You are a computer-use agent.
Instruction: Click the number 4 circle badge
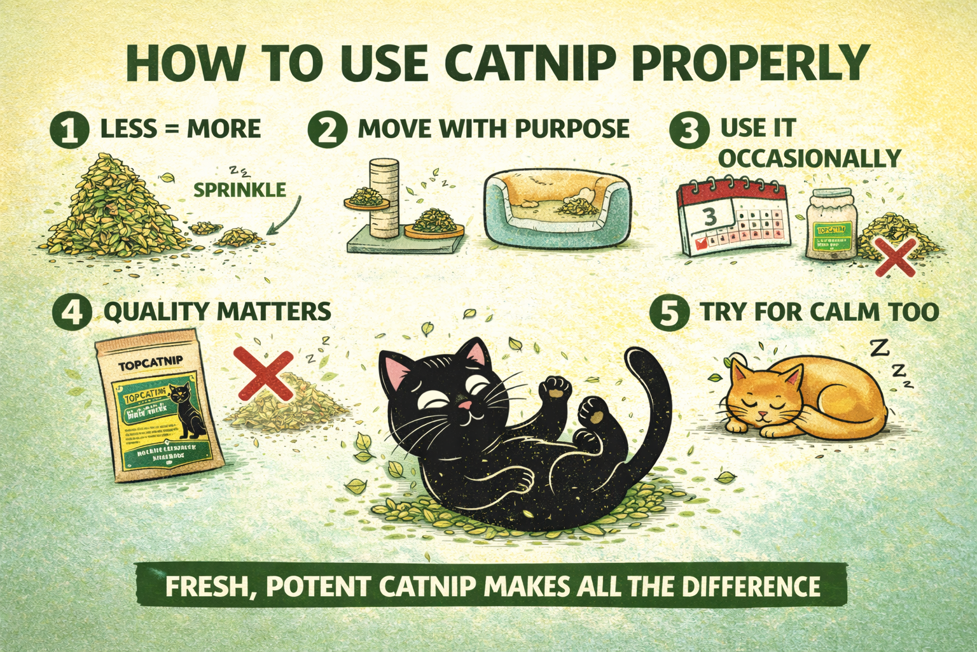73,313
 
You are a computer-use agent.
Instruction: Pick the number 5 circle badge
669,313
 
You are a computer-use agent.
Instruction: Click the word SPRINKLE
239,190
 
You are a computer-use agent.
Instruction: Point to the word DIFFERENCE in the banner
751,586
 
